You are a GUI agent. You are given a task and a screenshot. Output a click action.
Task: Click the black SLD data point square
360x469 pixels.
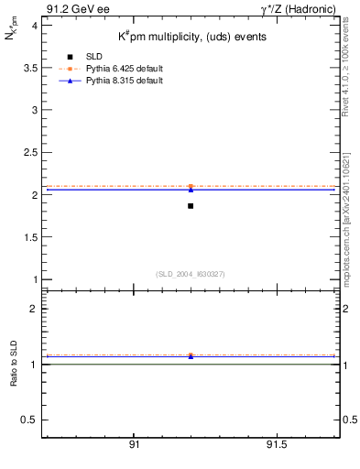coord(191,206)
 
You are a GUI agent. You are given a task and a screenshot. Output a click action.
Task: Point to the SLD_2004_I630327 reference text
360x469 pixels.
coord(191,274)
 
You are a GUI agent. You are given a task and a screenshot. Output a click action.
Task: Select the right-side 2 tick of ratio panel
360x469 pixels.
coord(348,310)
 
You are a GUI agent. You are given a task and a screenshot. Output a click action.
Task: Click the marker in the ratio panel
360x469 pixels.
coord(191,355)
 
